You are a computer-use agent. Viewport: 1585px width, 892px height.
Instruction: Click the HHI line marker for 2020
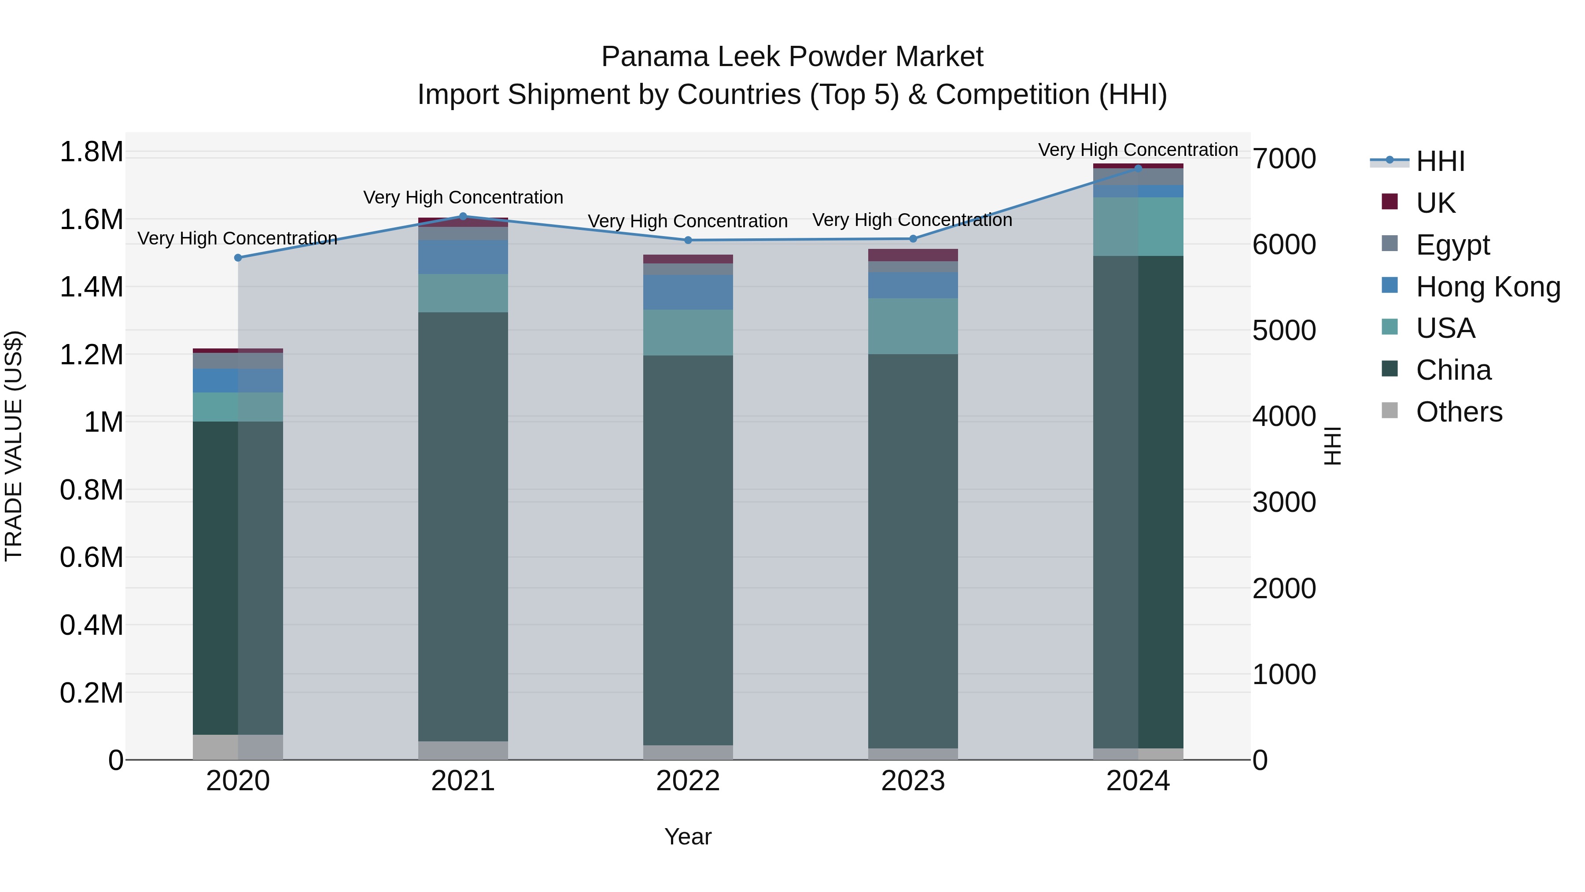pos(238,257)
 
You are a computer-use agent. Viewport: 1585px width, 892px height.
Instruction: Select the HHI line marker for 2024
pos(1138,168)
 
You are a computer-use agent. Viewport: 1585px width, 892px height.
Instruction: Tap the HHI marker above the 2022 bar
pos(688,240)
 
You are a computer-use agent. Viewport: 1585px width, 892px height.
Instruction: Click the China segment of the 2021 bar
pos(463,526)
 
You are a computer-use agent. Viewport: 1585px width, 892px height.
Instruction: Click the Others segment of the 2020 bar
pos(238,747)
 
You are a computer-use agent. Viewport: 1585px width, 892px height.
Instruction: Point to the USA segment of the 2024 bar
pos(1138,226)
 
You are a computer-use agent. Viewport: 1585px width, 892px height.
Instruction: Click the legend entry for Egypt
pos(1452,244)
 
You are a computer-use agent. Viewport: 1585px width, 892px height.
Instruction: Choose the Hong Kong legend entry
pos(1487,286)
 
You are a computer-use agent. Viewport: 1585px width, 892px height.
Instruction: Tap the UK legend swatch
pos(1390,202)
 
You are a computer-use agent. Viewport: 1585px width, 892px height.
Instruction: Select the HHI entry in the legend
pos(1440,161)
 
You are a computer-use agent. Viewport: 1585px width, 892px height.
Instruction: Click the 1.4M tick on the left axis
pos(91,287)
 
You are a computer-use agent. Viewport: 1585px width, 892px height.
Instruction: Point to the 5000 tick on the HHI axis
pos(1284,330)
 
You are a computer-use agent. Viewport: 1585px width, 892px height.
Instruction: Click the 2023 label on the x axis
pos(913,781)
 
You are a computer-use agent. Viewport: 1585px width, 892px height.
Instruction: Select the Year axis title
pos(688,836)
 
